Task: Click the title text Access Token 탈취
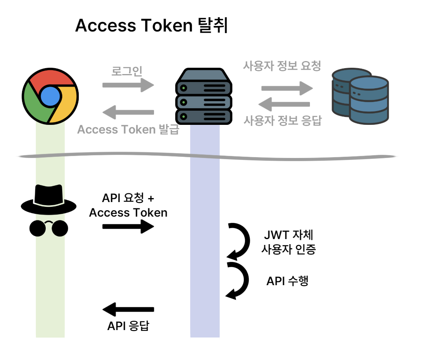pyautogui.click(x=152, y=26)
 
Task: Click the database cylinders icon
pyautogui.click(x=360, y=96)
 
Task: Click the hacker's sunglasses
pyautogui.click(x=48, y=228)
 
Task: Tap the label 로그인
pyautogui.click(x=127, y=71)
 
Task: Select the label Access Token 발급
pyautogui.click(x=128, y=130)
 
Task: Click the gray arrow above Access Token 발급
pyautogui.click(x=128, y=112)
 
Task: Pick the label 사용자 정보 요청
pyautogui.click(x=282, y=65)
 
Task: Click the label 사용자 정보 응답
pyautogui.click(x=282, y=120)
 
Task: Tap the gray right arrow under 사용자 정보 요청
pyautogui.click(x=287, y=88)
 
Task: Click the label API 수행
pyautogui.click(x=287, y=281)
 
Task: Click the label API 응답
pyautogui.click(x=128, y=326)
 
